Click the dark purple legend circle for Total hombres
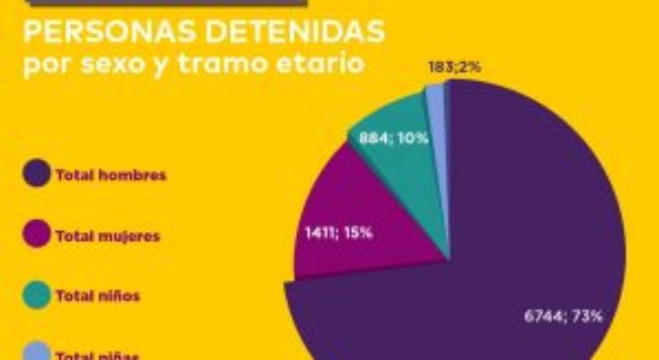click(x=37, y=174)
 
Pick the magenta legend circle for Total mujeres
click(x=37, y=235)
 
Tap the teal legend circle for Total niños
click(x=37, y=296)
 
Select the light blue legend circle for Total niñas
click(x=37, y=353)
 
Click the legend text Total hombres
click(x=111, y=175)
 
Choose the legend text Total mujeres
click(x=107, y=236)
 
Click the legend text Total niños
click(x=98, y=297)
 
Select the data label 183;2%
click(x=453, y=67)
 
